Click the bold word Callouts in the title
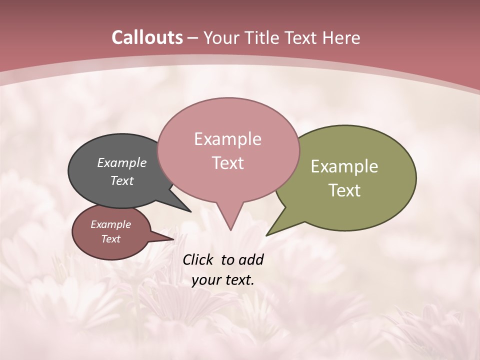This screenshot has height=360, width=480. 147,37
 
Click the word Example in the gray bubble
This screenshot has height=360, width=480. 122,162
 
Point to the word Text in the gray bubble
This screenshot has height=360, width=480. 122,180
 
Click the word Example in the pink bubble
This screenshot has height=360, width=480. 227,139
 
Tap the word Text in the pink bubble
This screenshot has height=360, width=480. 227,163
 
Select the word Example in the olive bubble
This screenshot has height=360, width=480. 344,166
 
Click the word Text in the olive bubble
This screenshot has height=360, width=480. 344,190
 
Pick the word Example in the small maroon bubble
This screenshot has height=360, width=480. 111,224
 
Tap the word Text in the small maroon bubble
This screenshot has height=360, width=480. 111,239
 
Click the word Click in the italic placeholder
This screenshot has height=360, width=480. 198,259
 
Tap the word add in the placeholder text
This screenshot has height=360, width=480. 250,259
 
